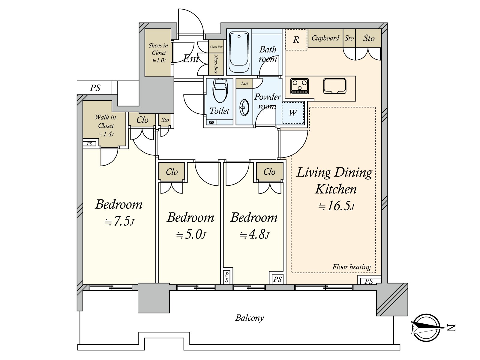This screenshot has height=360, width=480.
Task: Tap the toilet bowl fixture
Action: pyautogui.click(x=220, y=91)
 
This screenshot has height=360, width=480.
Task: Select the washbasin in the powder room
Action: pyautogui.click(x=244, y=107)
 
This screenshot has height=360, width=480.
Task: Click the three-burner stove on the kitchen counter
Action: pyautogui.click(x=299, y=86)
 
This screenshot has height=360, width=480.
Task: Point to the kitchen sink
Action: pyautogui.click(x=334, y=86)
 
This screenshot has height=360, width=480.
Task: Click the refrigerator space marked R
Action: pyautogui.click(x=296, y=40)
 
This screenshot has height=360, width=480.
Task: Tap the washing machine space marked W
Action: pyautogui.click(x=293, y=113)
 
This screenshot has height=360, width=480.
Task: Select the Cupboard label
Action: pyautogui.click(x=325, y=38)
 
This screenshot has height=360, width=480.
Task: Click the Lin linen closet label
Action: pyautogui.click(x=244, y=83)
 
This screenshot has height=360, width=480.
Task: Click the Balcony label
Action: pyautogui.click(x=250, y=318)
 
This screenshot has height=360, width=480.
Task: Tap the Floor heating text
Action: pyautogui.click(x=351, y=267)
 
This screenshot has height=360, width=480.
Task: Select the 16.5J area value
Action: pyautogui.click(x=336, y=206)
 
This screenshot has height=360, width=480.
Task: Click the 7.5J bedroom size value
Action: pyautogui.click(x=119, y=221)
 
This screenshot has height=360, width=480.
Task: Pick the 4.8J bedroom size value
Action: pyautogui.click(x=254, y=235)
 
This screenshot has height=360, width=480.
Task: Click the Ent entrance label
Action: pyautogui.click(x=191, y=58)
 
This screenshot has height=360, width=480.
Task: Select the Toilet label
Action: pyautogui.click(x=219, y=111)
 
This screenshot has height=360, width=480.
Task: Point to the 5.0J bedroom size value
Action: pyautogui.click(x=191, y=235)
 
